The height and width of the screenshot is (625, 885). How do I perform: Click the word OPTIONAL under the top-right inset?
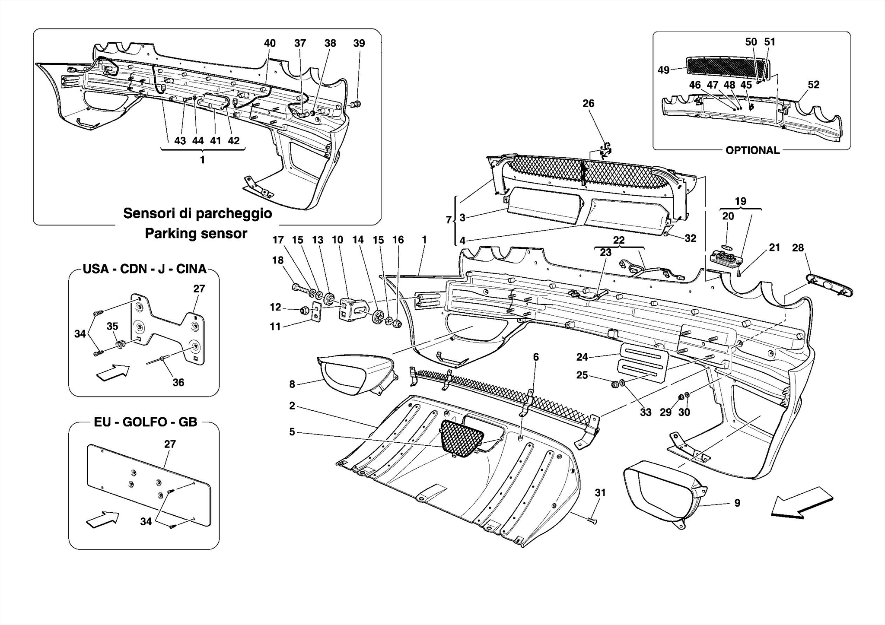[x=752, y=150]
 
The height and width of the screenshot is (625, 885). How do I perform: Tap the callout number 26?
[x=588, y=104]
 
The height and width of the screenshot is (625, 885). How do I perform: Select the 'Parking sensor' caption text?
[x=196, y=234]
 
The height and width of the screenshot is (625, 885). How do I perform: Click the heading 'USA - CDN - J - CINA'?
[x=144, y=269]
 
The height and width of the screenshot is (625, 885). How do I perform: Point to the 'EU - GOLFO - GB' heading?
[x=145, y=422]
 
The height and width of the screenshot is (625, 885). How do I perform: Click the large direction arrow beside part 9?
[x=802, y=502]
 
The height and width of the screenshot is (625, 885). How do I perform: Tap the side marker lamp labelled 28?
[x=830, y=286]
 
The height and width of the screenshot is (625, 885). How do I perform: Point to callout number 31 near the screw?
[x=600, y=493]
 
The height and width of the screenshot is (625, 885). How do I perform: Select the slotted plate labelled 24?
[x=644, y=363]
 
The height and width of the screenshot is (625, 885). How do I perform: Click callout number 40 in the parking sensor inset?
[x=270, y=43]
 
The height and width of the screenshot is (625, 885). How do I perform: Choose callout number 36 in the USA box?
[x=178, y=382]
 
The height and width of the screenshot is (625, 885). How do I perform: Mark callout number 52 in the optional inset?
[x=813, y=85]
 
